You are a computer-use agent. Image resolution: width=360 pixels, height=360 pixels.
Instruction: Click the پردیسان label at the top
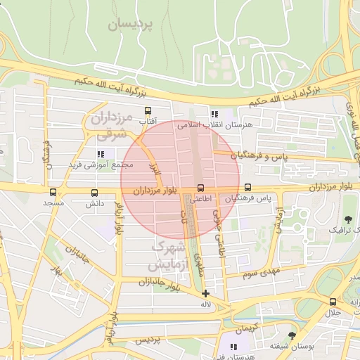click(x=131, y=25)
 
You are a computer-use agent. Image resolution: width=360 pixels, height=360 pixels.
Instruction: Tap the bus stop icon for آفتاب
click(x=148, y=111)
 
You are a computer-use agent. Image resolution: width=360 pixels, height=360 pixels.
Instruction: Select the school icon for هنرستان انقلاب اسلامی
click(x=214, y=113)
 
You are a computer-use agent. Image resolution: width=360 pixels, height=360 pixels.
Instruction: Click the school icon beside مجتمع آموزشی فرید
click(x=101, y=153)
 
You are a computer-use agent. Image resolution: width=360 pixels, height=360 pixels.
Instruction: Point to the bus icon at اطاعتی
click(x=201, y=188)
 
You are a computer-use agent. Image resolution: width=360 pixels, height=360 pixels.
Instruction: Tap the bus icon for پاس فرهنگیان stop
click(x=247, y=188)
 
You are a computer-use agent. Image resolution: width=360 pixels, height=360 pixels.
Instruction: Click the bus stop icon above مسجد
click(x=53, y=192)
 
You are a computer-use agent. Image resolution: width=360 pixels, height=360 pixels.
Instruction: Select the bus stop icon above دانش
click(x=94, y=192)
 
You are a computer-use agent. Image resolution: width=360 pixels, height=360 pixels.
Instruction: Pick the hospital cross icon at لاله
click(x=205, y=293)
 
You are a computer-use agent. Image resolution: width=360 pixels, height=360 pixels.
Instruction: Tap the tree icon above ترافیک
click(x=349, y=219)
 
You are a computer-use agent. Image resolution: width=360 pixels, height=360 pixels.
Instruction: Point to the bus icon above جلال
click(x=333, y=302)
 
